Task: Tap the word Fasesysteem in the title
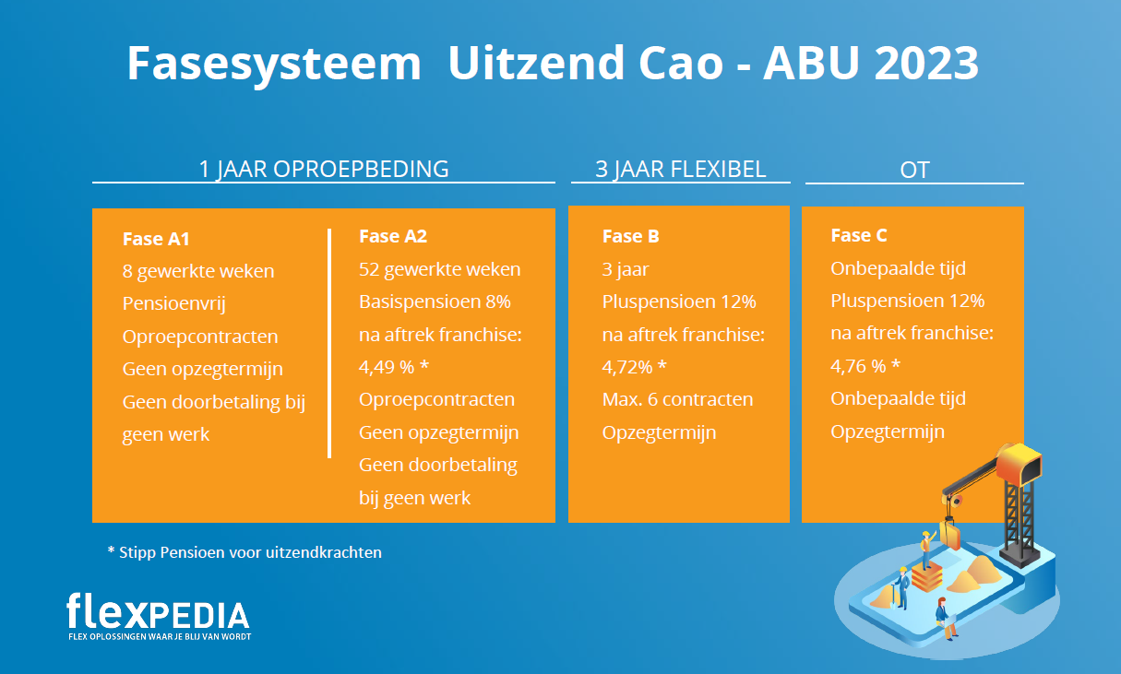274,65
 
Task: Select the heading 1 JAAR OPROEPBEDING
324,169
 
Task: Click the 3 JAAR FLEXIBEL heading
681,169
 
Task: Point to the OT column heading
915,170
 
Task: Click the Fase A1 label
156,239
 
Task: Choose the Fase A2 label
393,236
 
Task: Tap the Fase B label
630,236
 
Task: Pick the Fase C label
859,235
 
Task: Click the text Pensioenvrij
174,303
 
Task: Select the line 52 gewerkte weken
440,269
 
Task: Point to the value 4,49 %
387,368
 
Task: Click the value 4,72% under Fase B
627,368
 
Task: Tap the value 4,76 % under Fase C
858,366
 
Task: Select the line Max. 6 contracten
677,399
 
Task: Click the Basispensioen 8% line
435,302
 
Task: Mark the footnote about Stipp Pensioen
244,552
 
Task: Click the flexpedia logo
159,616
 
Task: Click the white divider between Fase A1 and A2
329,344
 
